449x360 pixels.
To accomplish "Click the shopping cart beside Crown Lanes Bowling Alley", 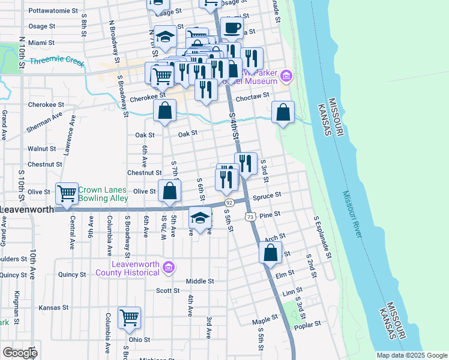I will click(67, 193).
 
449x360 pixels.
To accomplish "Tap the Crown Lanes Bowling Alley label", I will click(103, 194).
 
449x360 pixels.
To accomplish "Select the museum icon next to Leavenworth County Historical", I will click(169, 266).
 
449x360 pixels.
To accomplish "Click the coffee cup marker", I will click(232, 27).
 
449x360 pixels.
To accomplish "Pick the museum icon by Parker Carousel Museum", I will click(287, 76).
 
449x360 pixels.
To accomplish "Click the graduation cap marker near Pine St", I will click(200, 217).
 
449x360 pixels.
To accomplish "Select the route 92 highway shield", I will click(229, 203).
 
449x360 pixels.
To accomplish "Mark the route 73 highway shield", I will click(250, 215).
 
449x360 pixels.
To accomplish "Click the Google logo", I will click(20, 352).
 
